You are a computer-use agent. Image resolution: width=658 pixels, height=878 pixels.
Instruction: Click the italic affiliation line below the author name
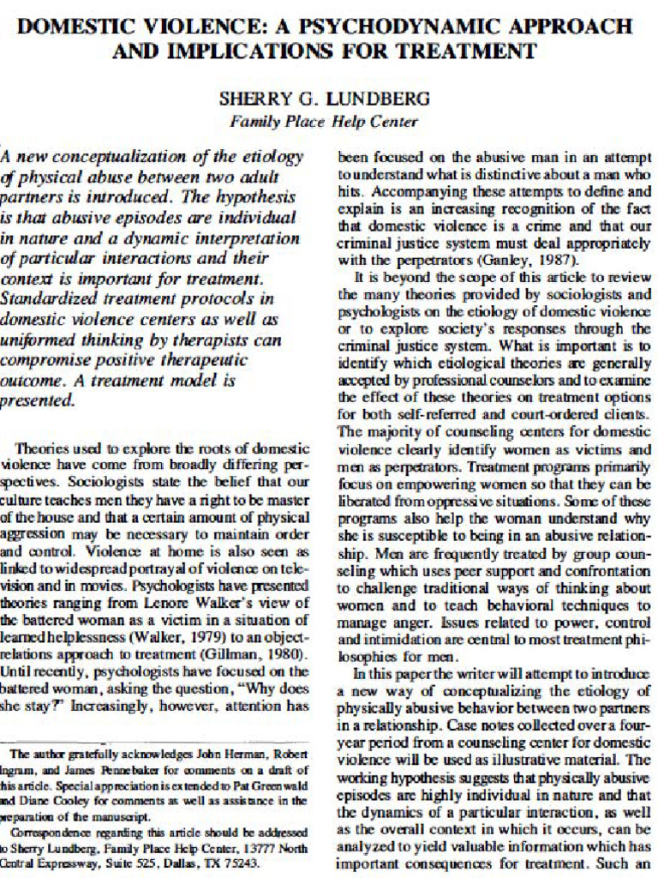(x=324, y=122)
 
